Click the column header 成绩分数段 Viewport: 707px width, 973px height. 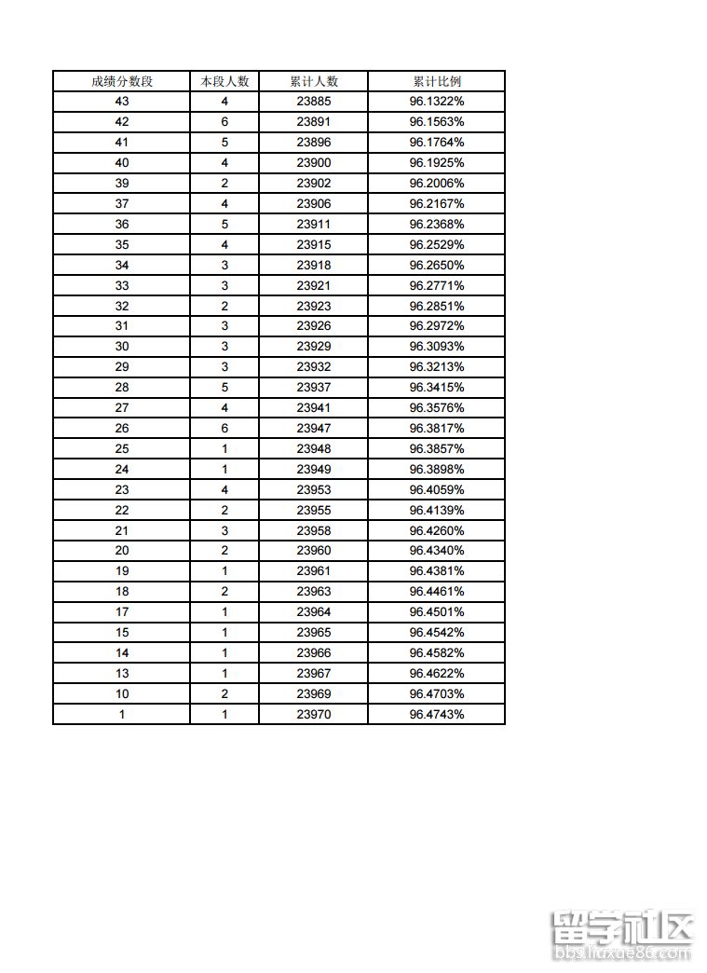click(122, 81)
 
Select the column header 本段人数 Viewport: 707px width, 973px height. click(224, 81)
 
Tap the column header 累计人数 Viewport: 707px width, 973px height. click(314, 81)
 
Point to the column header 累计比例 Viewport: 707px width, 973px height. click(436, 81)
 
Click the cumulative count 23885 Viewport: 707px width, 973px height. click(314, 102)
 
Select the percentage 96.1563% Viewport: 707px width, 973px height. click(436, 122)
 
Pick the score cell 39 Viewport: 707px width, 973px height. click(122, 184)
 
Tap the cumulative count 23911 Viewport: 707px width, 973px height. click(314, 225)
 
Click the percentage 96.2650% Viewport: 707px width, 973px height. click(436, 266)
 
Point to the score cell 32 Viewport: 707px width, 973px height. click(122, 306)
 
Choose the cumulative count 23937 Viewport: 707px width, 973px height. click(314, 388)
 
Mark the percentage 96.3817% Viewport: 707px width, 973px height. click(436, 429)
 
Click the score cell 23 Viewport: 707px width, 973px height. click(122, 489)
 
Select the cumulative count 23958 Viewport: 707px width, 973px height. click(314, 530)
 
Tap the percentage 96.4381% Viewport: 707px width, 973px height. click(436, 571)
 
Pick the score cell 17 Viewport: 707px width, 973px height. click(122, 612)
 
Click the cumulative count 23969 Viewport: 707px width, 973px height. click(314, 693)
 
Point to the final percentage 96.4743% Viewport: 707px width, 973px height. click(436, 714)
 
